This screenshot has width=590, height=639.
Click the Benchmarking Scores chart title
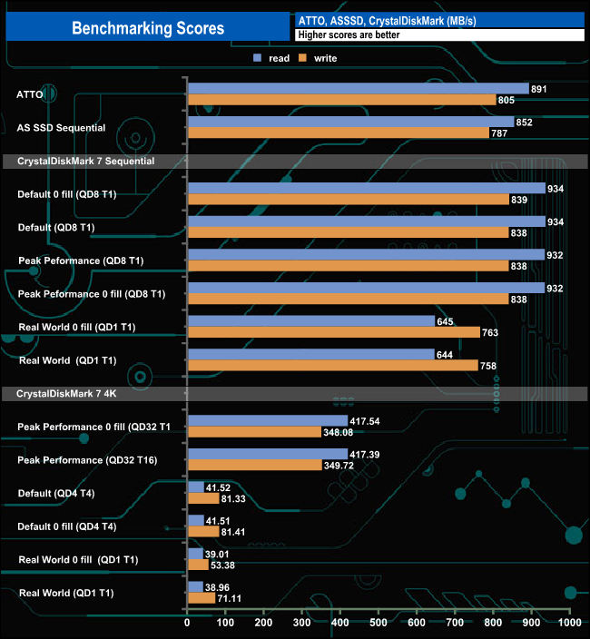pyautogui.click(x=148, y=28)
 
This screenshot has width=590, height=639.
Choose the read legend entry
pyautogui.click(x=272, y=58)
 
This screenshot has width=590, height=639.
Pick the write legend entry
pyautogui.click(x=319, y=58)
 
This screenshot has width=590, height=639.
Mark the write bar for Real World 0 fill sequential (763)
pyautogui.click(x=333, y=332)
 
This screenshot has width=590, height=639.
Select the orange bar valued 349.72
pyautogui.click(x=254, y=465)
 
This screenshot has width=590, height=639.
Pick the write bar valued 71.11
pyautogui.click(x=201, y=598)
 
